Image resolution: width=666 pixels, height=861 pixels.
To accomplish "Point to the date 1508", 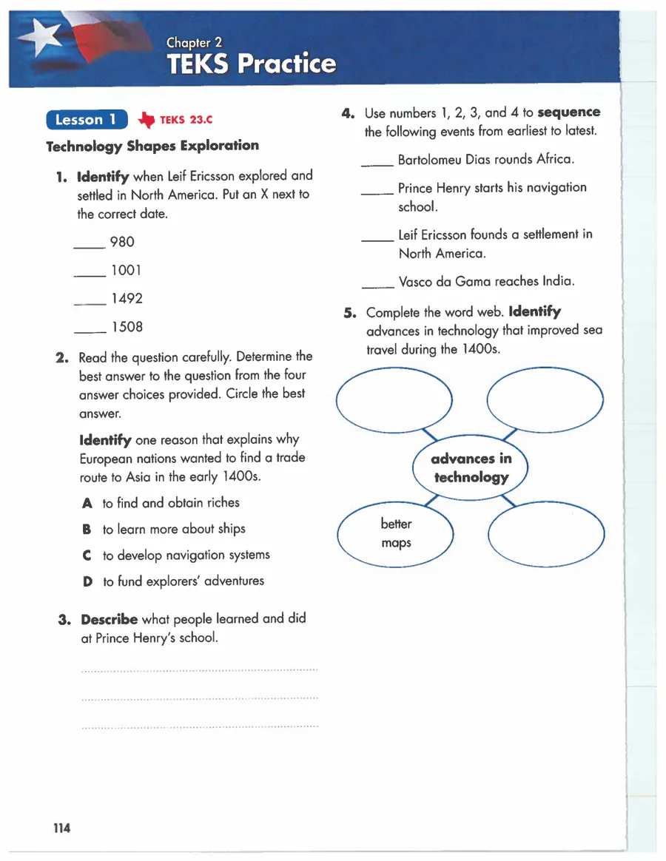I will click(x=127, y=327).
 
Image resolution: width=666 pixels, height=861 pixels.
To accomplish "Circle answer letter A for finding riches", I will click(x=87, y=503).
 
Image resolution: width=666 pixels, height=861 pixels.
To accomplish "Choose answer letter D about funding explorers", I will click(x=87, y=581).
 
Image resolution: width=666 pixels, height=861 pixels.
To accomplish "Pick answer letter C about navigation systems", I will click(x=87, y=556).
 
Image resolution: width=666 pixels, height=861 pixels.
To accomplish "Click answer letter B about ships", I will click(x=87, y=530).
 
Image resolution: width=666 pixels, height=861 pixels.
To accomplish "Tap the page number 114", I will click(x=61, y=828).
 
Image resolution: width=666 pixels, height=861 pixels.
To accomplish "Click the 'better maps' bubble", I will click(x=396, y=533).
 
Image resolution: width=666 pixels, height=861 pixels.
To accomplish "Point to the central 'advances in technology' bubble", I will click(x=471, y=467).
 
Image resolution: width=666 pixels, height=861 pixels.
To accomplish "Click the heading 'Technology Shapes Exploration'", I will click(x=152, y=146).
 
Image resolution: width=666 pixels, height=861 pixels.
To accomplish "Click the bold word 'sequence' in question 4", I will click(x=568, y=113).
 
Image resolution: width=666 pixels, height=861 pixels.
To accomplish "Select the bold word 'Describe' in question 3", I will click(x=109, y=619).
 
